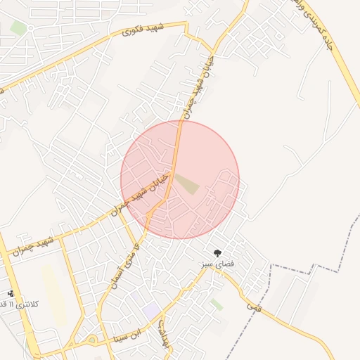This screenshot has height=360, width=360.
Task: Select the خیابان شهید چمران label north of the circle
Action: [x=193, y=91]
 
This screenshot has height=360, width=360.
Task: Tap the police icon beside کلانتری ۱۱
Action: [x=11, y=293]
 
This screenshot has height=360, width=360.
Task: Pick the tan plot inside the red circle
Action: [x=186, y=184]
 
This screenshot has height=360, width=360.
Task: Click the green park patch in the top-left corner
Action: [x=19, y=27]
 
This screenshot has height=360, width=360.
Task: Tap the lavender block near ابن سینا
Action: [x=150, y=309]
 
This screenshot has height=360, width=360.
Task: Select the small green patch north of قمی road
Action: [x=217, y=304]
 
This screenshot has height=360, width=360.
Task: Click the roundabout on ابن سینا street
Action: [x=91, y=340]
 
